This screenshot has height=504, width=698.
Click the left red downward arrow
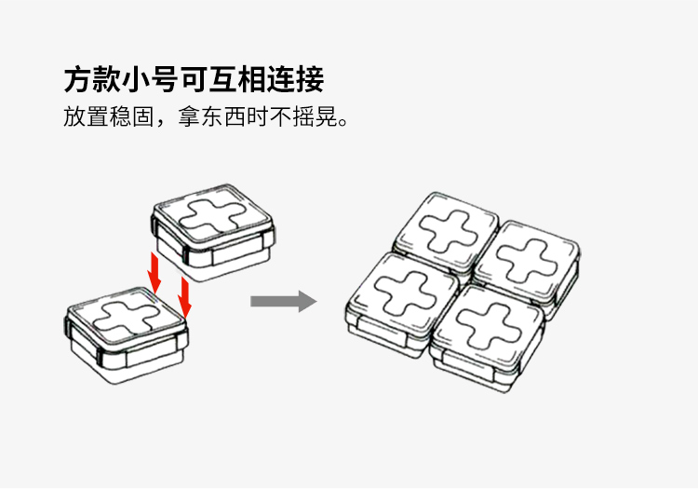point(155,271)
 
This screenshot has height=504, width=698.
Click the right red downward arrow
point(184,297)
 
